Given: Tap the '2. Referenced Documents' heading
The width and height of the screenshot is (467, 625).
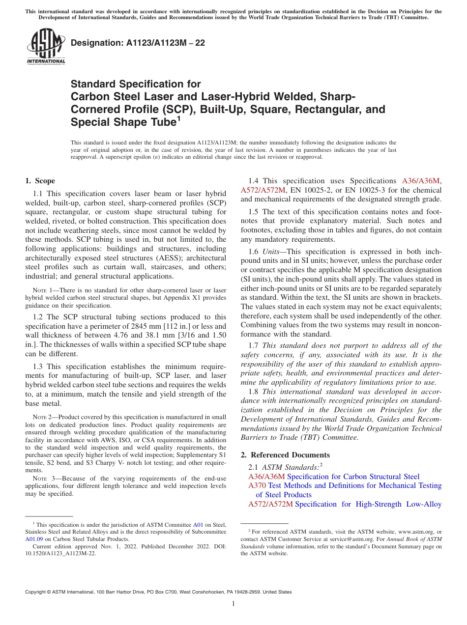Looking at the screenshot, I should pyautogui.click(x=286, y=455).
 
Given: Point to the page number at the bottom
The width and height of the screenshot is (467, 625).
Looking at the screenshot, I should pyautogui.click(x=233, y=604).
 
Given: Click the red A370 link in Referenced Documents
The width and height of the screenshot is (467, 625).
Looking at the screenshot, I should pyautogui.click(x=257, y=485).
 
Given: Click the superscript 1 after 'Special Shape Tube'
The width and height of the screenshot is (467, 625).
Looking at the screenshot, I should pyautogui.click(x=178, y=118).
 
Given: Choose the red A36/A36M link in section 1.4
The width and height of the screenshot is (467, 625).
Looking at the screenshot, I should pyautogui.click(x=421, y=181).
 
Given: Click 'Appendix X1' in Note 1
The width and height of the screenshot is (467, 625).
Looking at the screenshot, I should pyautogui.click(x=179, y=298).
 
